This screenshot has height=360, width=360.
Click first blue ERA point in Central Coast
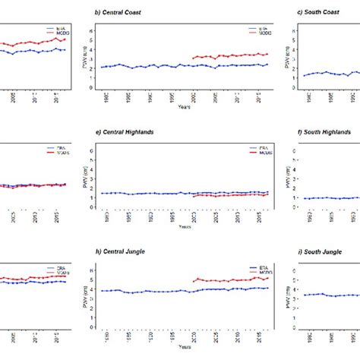[103, 68]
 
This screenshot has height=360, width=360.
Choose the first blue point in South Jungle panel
[305, 295]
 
